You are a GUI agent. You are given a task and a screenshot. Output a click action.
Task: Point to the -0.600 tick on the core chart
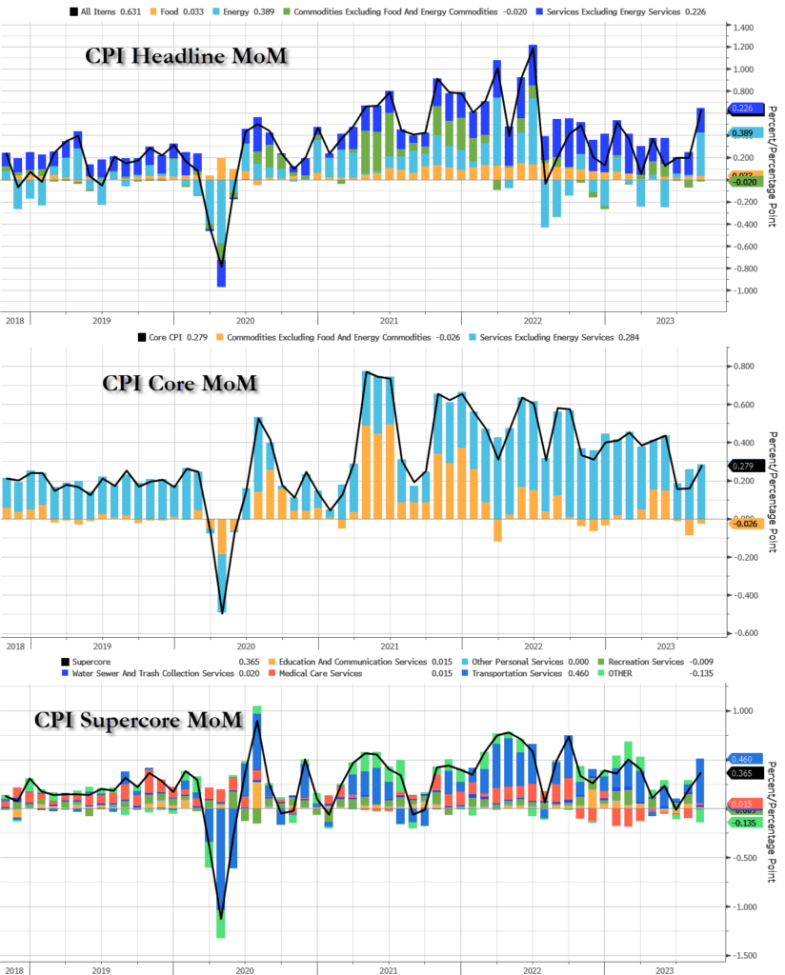pyautogui.click(x=746, y=633)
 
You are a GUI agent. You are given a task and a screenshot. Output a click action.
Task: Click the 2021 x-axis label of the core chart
pyautogui.click(x=389, y=646)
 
